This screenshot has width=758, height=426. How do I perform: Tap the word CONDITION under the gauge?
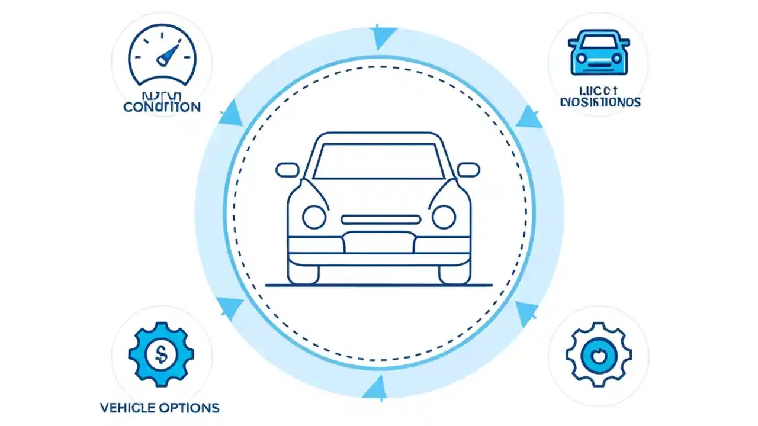(x=162, y=107)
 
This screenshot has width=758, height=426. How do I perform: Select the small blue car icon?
(x=599, y=53)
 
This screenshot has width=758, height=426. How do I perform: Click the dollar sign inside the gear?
(x=161, y=354)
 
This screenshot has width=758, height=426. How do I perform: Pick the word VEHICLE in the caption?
(x=128, y=408)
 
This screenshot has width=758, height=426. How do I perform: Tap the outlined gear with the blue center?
(x=599, y=354)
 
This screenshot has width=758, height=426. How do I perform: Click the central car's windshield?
(x=379, y=160)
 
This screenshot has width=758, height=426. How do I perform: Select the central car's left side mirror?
(x=287, y=170)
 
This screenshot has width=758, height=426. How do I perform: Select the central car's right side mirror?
(x=468, y=170)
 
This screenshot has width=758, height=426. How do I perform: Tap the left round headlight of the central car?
(x=314, y=217)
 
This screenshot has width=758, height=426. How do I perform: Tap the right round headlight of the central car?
(x=444, y=217)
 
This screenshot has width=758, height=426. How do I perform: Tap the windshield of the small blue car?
(x=599, y=41)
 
